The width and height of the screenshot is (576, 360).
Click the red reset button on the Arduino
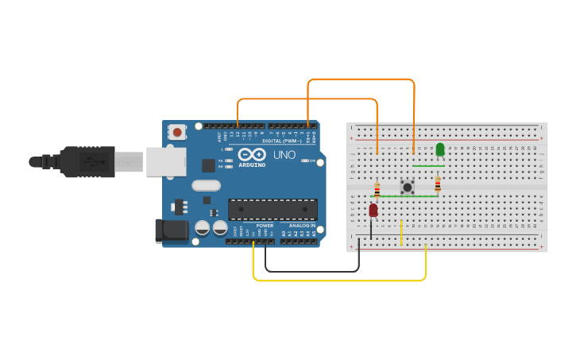point(177,132)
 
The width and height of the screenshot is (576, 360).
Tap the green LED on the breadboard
point(440,149)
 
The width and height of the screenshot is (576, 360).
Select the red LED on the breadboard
point(373,210)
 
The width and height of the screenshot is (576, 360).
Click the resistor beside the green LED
point(438,184)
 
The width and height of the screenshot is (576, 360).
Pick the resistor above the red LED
point(377,189)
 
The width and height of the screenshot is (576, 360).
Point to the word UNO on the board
point(284,154)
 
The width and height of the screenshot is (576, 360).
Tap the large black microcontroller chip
point(273,210)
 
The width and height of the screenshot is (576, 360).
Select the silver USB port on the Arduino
point(166,161)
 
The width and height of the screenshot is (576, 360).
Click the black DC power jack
point(171,230)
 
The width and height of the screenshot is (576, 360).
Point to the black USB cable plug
point(88,161)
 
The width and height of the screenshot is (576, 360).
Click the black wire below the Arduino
point(310,271)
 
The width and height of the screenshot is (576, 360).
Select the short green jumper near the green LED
point(428,165)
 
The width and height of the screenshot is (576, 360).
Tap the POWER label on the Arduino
point(265,226)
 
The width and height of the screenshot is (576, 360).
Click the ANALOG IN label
point(301,226)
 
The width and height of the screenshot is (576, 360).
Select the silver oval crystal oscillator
point(205,186)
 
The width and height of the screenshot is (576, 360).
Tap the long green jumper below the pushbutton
point(408,196)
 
